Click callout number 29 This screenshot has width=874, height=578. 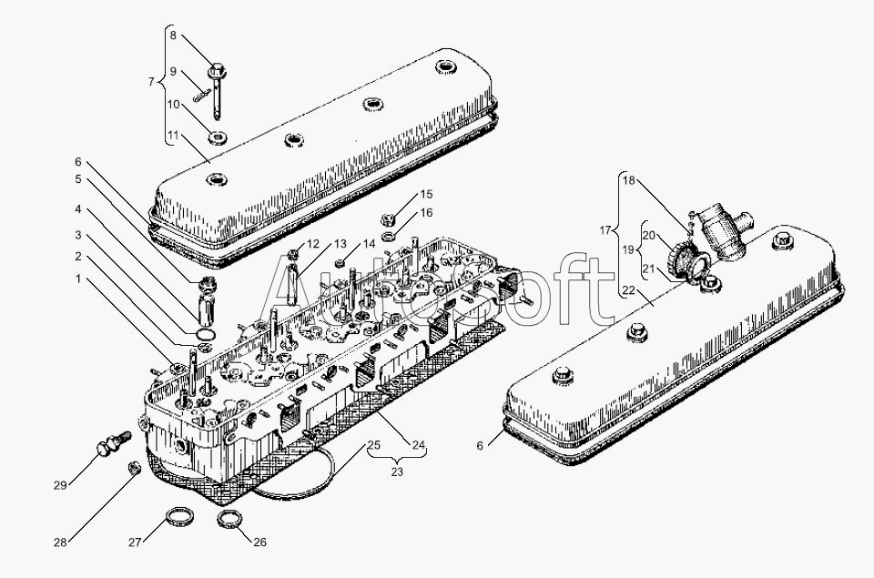[x=60, y=485]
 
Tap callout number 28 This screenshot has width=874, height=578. [x=60, y=543]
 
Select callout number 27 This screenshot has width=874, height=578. [x=135, y=543]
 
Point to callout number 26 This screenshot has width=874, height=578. [x=259, y=542]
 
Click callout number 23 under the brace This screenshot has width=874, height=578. [x=397, y=472]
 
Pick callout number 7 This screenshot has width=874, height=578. [x=152, y=82]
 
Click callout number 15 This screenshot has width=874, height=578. [x=426, y=195]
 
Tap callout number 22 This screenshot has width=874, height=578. [x=629, y=289]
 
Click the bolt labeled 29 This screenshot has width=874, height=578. [x=113, y=443]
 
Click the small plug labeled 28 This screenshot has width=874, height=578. [x=135, y=468]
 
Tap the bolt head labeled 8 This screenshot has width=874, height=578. [x=217, y=71]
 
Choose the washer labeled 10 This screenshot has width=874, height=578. [x=218, y=136]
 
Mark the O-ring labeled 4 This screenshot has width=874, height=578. [x=206, y=334]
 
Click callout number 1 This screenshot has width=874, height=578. [x=78, y=279]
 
